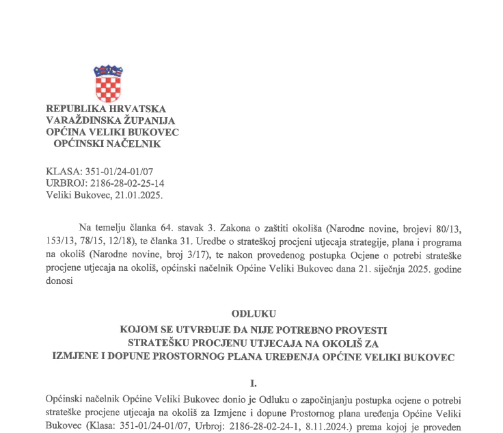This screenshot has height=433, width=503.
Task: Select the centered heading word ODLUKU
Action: click(253, 314)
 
